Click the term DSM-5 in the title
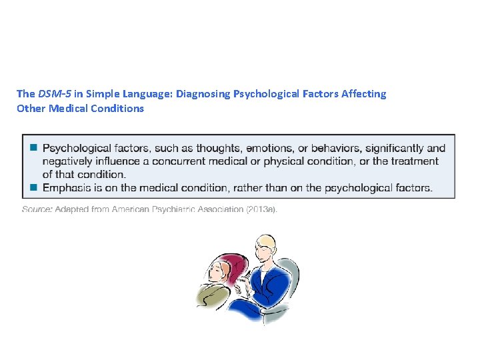point(51,94)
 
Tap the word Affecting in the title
point(364,94)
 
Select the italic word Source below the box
point(36,209)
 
